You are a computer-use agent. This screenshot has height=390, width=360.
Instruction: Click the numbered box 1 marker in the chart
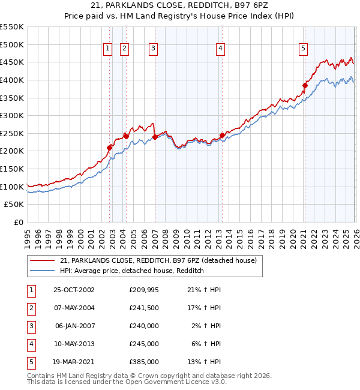(x=107, y=49)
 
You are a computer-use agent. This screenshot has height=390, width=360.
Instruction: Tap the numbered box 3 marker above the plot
(x=154, y=49)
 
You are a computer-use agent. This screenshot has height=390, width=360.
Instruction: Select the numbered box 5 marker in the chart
(x=304, y=49)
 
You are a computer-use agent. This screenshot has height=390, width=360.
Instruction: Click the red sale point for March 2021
(x=305, y=85)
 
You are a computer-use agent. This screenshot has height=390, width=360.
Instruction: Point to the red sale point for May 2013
(x=221, y=135)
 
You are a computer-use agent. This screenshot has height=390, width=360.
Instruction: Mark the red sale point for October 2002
(x=110, y=148)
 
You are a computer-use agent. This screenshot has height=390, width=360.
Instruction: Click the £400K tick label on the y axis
(x=12, y=80)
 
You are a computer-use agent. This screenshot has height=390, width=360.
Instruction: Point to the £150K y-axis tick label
(x=12, y=169)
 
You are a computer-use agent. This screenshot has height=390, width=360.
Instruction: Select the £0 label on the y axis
(x=18, y=223)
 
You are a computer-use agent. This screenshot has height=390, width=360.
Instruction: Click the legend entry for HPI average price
(x=132, y=271)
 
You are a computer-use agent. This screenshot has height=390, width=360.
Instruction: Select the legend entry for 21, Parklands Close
(x=158, y=260)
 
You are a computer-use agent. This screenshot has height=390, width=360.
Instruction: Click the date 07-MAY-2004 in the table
(x=74, y=308)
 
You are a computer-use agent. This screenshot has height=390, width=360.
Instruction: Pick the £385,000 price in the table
(x=144, y=362)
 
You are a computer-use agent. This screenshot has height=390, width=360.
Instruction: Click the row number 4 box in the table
(x=30, y=344)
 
